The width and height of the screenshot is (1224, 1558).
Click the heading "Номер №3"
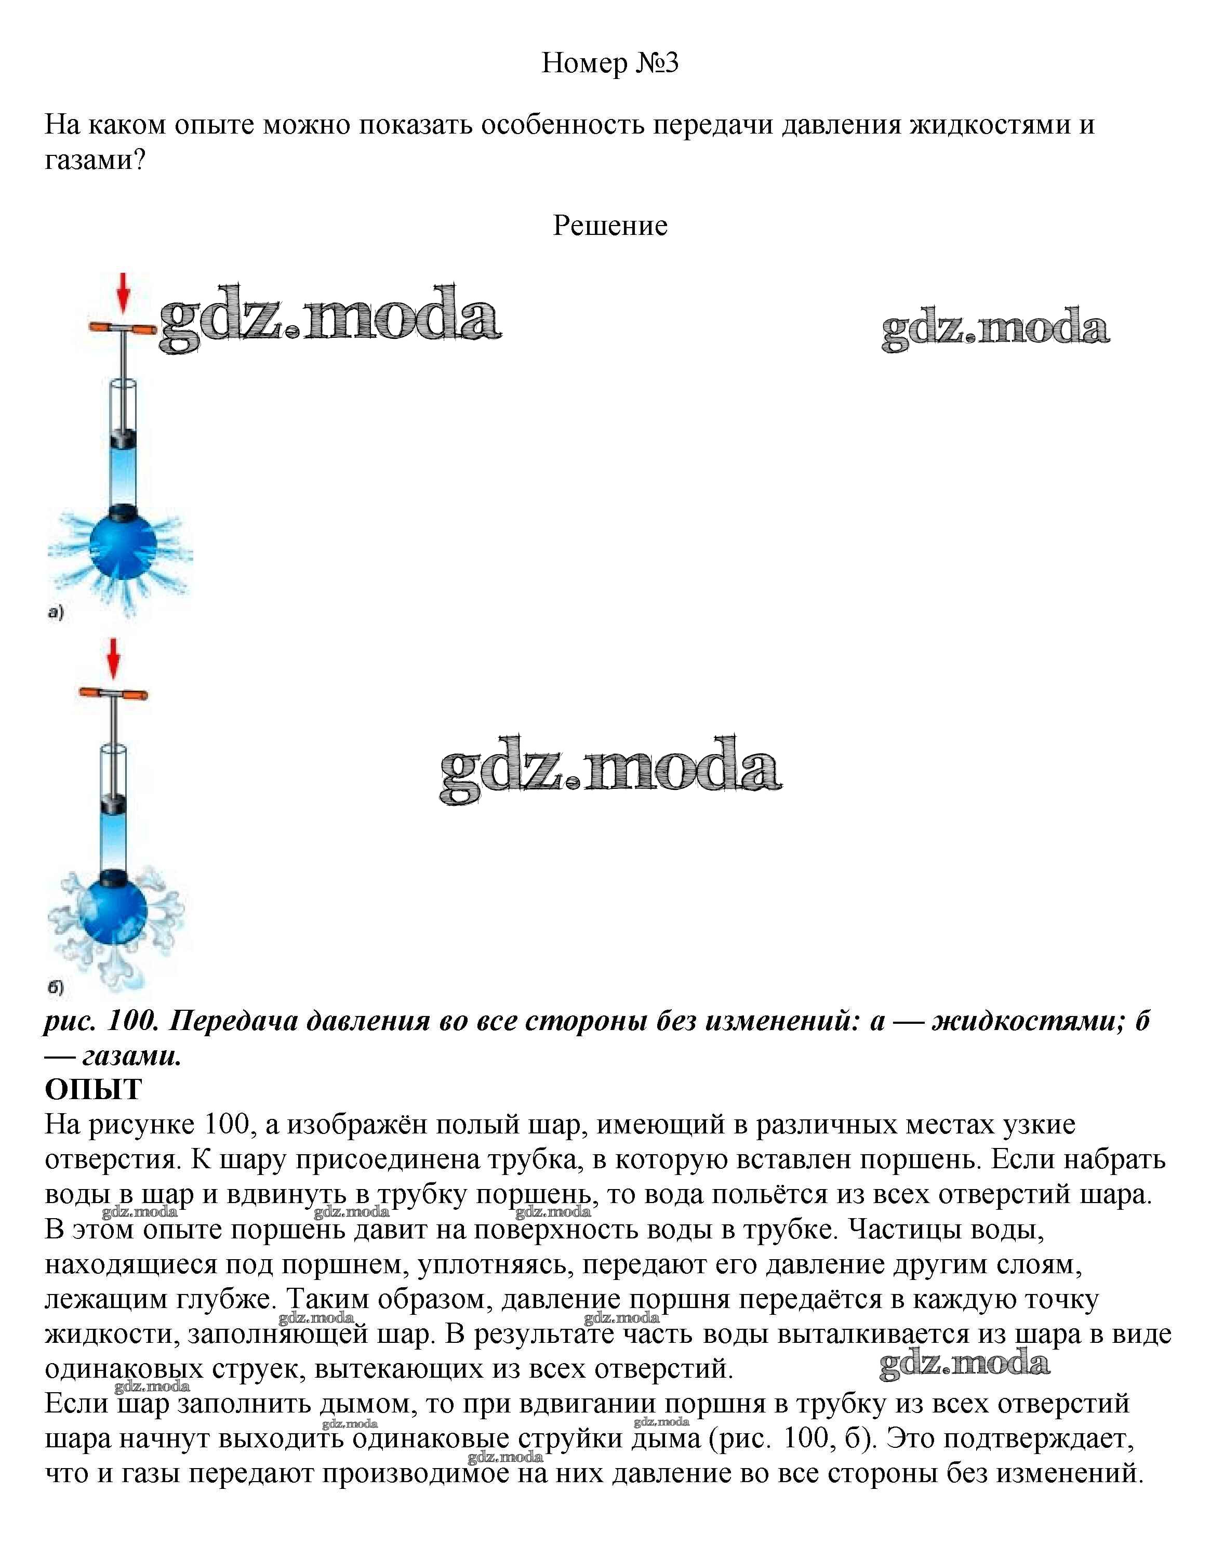(610, 63)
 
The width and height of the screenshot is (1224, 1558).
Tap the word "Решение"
(610, 226)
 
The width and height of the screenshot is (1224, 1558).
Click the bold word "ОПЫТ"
(93, 1089)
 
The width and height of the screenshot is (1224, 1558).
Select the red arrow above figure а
(123, 293)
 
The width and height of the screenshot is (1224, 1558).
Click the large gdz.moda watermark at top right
(995, 329)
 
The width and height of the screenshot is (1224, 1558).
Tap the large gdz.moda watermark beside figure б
(610, 769)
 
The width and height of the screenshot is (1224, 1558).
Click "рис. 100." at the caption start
(100, 1021)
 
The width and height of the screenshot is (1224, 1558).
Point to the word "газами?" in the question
(95, 159)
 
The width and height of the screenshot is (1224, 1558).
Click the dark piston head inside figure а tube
(123, 437)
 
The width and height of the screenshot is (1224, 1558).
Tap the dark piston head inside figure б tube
(113, 803)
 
